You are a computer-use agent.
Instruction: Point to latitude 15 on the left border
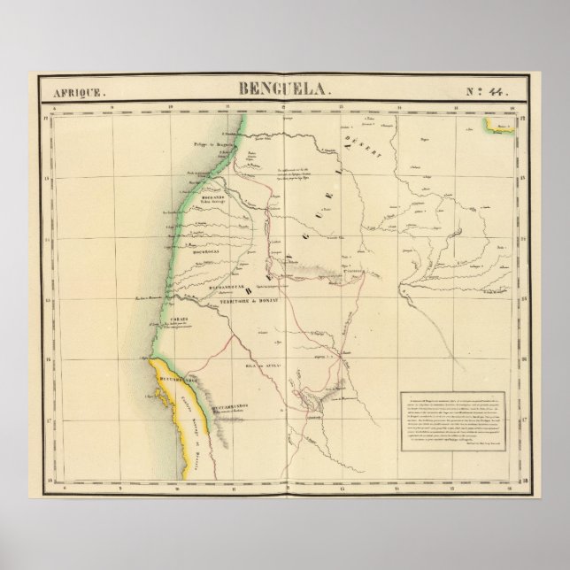point(44,298)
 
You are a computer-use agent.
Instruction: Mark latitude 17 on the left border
point(44,418)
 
